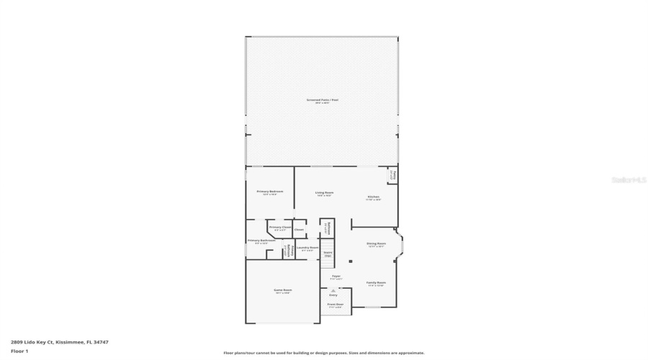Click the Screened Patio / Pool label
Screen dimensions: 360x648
pyautogui.click(x=322, y=100)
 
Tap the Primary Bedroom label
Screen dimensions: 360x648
pyautogui.click(x=270, y=191)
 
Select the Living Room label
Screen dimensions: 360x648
pyautogui.click(x=324, y=192)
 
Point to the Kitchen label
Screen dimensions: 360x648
pyautogui.click(x=374, y=197)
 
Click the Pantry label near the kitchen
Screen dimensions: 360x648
pyautogui.click(x=393, y=175)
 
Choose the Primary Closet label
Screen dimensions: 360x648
pyautogui.click(x=280, y=227)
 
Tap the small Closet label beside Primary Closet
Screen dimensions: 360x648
pyautogui.click(x=299, y=230)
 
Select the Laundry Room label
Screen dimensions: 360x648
pyautogui.click(x=307, y=247)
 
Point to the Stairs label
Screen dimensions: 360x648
pyautogui.click(x=328, y=253)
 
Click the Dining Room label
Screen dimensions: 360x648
pyautogui.click(x=377, y=243)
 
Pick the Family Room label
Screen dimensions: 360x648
pyautogui.click(x=376, y=282)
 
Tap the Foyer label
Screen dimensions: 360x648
pyautogui.click(x=336, y=276)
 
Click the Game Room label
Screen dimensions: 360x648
pyautogui.click(x=282, y=290)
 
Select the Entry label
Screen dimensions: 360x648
pyautogui.click(x=333, y=294)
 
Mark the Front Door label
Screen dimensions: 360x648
pyautogui.click(x=336, y=305)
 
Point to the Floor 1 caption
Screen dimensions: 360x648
pyautogui.click(x=19, y=351)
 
